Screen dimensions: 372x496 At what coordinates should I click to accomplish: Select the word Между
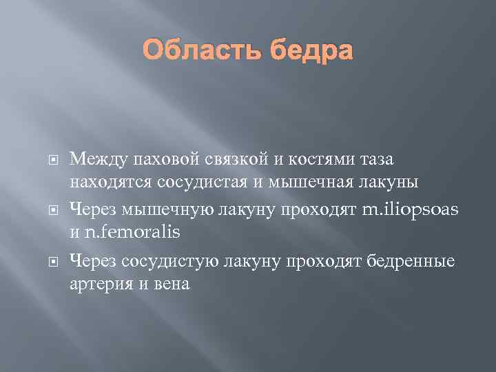coord(93,160)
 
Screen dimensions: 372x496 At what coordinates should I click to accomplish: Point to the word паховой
coord(151,160)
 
